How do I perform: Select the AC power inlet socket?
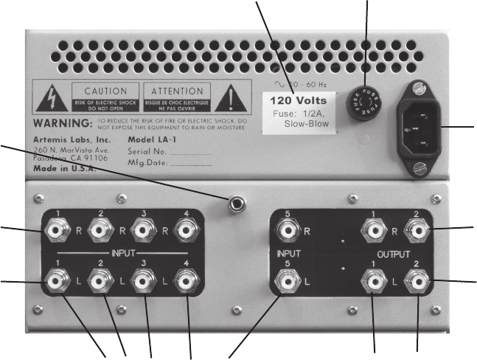420,126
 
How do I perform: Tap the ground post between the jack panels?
237,204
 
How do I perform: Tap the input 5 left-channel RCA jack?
286,280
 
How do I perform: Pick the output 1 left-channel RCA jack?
373,280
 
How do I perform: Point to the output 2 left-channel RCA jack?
417,280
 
